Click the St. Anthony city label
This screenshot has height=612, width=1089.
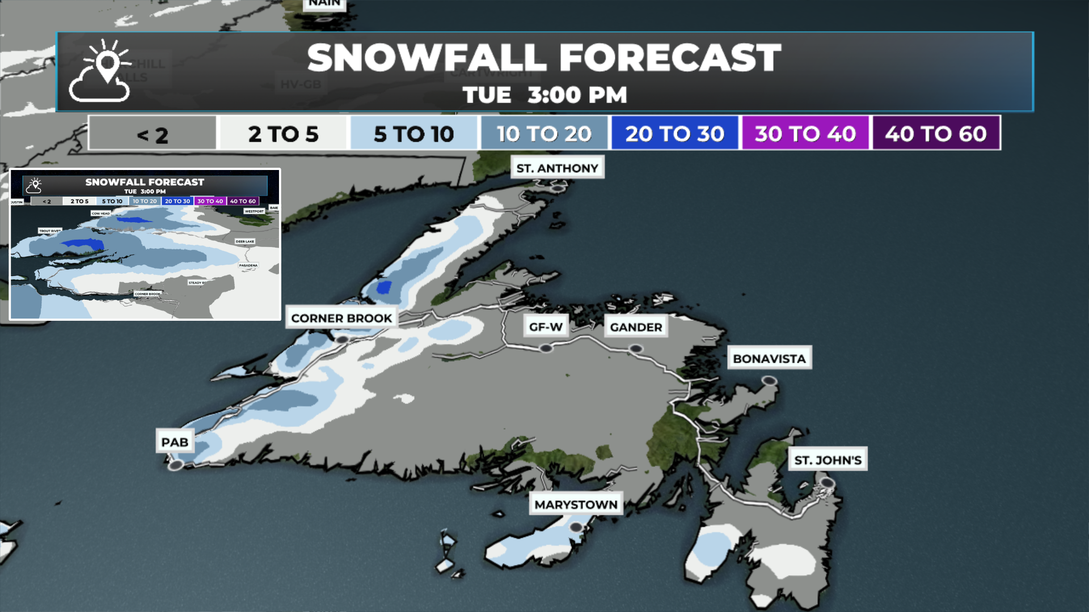tap(557, 168)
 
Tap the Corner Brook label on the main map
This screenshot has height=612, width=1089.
tap(341, 318)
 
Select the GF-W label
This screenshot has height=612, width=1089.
tap(546, 327)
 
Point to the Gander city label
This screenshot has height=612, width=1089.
tap(636, 327)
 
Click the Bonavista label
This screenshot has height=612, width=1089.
tap(769, 359)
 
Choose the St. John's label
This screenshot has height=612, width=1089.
tap(828, 460)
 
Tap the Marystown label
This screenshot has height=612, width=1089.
tap(576, 504)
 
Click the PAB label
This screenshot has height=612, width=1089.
tap(175, 442)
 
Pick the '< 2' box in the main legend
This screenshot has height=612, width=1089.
tap(153, 134)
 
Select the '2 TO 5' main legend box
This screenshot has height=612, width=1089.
tap(283, 134)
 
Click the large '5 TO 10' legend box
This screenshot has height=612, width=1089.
tap(413, 134)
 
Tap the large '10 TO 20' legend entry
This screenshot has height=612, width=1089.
tap(544, 134)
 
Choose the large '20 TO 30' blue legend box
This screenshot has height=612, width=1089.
tap(674, 134)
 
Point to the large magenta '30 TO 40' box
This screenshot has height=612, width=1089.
tap(805, 134)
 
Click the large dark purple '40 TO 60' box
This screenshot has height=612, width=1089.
tap(936, 134)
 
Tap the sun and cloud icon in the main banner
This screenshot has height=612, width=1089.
tap(100, 71)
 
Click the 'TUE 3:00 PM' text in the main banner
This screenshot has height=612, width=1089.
tap(544, 95)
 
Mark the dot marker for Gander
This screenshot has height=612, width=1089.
tap(636, 349)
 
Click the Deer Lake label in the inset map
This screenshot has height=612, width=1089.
tap(245, 241)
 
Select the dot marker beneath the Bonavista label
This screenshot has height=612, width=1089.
tap(769, 380)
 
